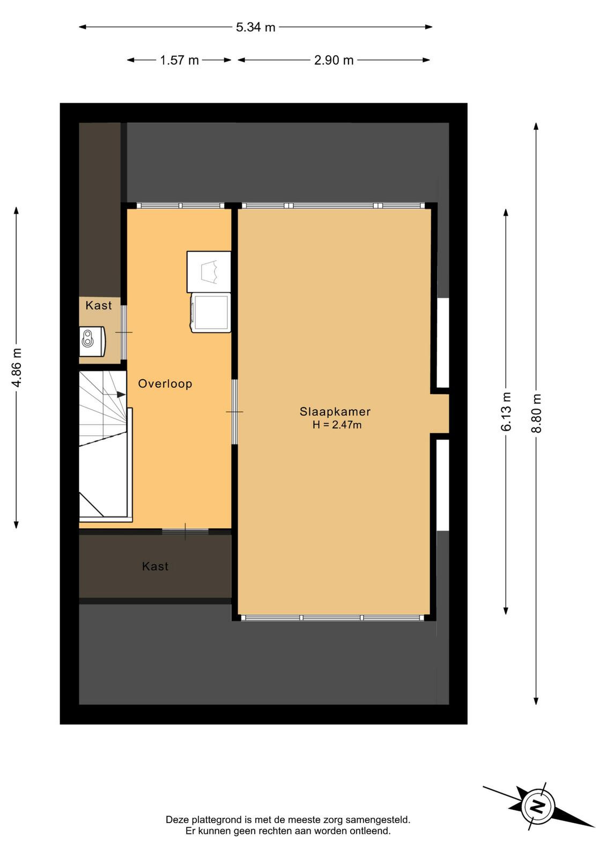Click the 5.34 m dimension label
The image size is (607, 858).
(x=255, y=27)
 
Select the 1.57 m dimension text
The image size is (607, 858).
(x=179, y=60)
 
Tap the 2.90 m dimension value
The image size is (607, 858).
(x=334, y=60)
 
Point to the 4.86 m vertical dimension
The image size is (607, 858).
(x=16, y=368)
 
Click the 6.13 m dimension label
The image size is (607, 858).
(x=506, y=411)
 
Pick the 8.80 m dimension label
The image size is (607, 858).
(x=536, y=413)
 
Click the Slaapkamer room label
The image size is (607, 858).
(x=335, y=412)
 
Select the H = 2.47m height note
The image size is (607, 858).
(x=337, y=425)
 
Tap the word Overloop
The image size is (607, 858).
(x=165, y=383)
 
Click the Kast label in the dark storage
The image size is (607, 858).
(x=155, y=566)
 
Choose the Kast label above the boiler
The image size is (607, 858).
(x=99, y=305)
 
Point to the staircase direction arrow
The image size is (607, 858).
(x=115, y=394)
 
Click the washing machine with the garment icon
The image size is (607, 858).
(x=209, y=272)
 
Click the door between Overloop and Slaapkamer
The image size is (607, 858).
(x=234, y=412)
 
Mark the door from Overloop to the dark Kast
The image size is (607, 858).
(x=186, y=531)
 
